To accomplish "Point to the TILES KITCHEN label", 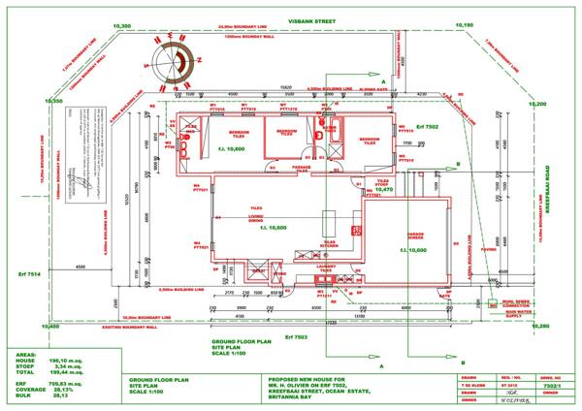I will click(x=330, y=244).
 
